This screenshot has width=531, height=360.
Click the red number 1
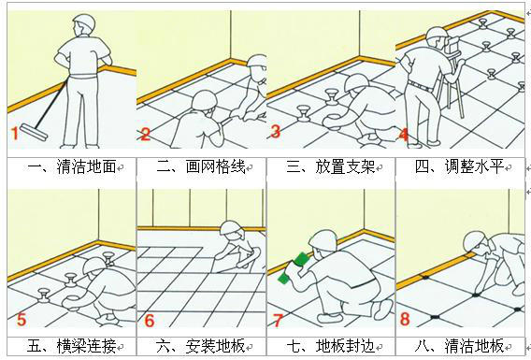point(15,134)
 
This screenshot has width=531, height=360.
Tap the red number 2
point(146,134)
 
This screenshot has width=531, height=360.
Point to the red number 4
point(404,134)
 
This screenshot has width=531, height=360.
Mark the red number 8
point(405,320)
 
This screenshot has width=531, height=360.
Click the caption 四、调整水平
point(460,167)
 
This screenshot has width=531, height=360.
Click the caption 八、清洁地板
point(460,347)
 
